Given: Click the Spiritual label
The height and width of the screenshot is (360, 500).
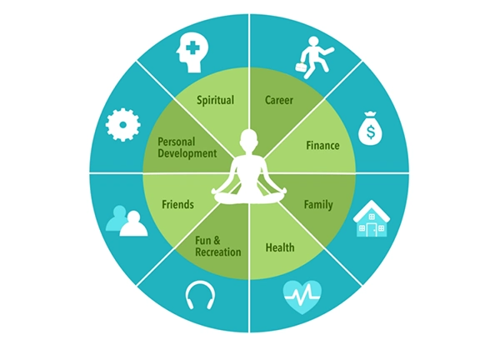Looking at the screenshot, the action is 215,100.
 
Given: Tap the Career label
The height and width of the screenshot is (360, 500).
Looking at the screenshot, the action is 279,100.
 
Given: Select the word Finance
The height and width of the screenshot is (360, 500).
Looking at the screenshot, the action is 322,146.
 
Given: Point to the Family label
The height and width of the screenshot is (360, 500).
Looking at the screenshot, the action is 318,204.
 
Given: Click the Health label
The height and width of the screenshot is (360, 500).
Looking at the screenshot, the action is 280,247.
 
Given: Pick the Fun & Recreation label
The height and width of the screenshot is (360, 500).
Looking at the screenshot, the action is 218,246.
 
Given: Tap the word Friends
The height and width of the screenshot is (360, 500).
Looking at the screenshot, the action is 178,204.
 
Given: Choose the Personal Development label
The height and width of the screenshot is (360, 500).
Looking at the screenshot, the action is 187,147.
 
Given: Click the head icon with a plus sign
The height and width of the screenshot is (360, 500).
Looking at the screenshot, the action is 192,53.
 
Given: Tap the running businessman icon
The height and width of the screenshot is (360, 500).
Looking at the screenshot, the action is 314,57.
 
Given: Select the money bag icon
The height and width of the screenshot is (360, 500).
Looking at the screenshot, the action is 370,128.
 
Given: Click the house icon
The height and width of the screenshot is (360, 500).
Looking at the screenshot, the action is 372,218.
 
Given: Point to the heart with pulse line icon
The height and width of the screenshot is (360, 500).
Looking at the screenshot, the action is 302,297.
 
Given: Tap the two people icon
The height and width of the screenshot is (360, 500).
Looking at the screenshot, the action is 127,222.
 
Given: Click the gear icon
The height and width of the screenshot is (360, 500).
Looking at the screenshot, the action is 123,125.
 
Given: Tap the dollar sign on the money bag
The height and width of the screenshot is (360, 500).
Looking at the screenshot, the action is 371,132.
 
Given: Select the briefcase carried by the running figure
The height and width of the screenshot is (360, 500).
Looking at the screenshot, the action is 302,67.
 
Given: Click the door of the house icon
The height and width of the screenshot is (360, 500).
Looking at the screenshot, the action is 372,230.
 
